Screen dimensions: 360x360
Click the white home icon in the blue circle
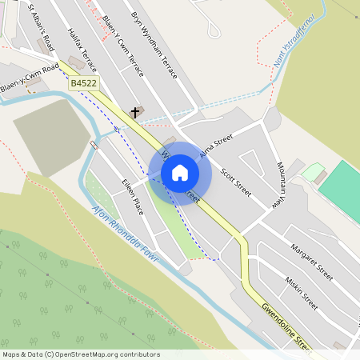click(180, 172)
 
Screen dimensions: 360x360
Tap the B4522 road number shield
click(83, 82)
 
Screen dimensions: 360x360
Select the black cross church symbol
click(135, 113)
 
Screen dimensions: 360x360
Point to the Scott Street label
click(236, 182)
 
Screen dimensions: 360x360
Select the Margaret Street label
click(311, 262)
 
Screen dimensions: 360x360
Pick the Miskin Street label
click(302, 293)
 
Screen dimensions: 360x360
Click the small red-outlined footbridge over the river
click(95, 145)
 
